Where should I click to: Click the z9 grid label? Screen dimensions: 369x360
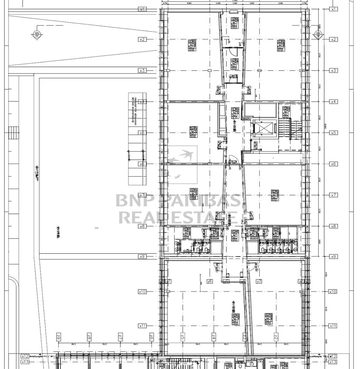59,337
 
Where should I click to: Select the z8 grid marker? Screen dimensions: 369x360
89,337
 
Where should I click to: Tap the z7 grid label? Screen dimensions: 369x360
120,337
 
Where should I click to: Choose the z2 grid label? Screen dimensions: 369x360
276,337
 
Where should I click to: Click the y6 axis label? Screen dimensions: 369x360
210,281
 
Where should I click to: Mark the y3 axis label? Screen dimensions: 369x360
259,281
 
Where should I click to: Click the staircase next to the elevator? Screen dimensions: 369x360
290,124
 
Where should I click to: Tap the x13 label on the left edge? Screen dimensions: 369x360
25,362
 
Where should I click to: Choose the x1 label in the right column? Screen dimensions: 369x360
333,9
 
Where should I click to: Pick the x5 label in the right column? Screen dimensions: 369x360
333,133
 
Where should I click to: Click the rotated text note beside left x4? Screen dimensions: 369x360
134,110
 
